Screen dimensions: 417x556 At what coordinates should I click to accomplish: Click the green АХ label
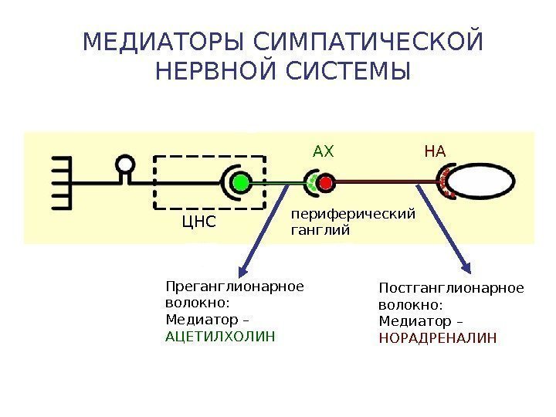(x=324, y=151)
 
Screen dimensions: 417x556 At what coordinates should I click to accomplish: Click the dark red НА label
(x=436, y=151)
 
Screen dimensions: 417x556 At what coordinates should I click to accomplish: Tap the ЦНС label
(x=198, y=223)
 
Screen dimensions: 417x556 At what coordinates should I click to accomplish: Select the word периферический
(x=353, y=214)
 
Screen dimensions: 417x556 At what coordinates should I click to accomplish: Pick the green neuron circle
(x=242, y=183)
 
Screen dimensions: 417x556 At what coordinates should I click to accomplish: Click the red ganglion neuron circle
(x=325, y=183)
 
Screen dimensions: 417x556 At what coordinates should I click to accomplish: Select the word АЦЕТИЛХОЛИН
(x=220, y=337)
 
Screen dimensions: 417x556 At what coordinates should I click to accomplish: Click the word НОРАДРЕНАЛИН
(x=438, y=338)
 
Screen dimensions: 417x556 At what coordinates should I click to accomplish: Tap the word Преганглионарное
(x=236, y=287)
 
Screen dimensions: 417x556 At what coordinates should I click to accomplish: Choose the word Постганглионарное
(x=451, y=288)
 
